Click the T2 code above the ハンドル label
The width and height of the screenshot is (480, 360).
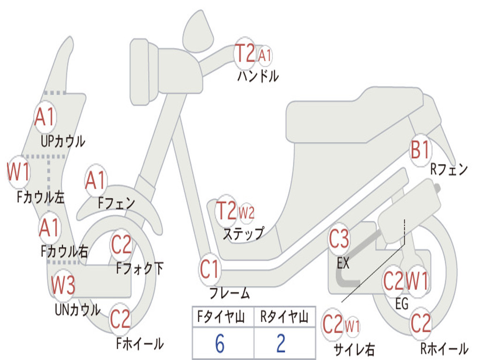tap(245, 53)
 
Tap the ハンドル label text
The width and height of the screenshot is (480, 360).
tap(258, 75)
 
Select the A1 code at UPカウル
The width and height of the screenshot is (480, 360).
tap(45, 117)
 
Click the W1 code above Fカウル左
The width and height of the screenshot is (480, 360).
tap(19, 172)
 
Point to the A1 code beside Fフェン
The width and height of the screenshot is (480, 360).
tap(96, 180)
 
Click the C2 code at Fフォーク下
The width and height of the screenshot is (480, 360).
tap(121, 244)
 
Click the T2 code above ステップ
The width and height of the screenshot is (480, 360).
tap(226, 211)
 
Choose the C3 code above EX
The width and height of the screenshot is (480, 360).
tap(339, 240)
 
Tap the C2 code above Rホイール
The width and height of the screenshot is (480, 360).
tap(420, 323)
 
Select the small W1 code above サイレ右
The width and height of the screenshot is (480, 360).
tap(352, 325)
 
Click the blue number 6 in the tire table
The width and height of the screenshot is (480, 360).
tap(220, 344)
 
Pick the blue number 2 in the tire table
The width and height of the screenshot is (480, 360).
tap(281, 344)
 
